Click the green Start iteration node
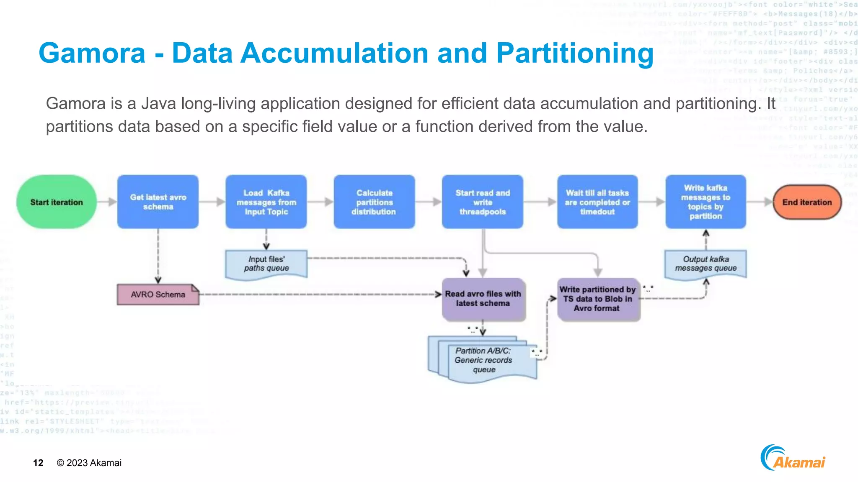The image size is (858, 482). tap(57, 202)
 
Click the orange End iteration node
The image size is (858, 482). tap(807, 202)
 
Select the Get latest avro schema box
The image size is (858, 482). tap(158, 202)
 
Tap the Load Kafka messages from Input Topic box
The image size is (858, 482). tap(266, 202)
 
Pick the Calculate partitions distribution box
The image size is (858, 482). tap(374, 202)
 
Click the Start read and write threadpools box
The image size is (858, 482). tap(483, 202)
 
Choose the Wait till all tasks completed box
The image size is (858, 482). tap(597, 202)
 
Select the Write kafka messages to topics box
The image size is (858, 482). tap(706, 202)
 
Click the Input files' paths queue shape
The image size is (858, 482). tap(266, 264)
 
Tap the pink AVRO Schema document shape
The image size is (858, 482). tap(158, 295)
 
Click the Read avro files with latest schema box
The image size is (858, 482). tap(483, 299)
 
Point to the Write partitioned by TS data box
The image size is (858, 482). tap(598, 299)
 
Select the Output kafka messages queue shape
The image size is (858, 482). tap(706, 264)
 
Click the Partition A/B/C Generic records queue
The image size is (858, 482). tap(484, 360)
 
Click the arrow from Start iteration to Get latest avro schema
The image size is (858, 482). tap(107, 202)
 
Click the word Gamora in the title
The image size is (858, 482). tap(92, 53)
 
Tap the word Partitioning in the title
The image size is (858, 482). tap(574, 53)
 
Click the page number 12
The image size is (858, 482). tap(38, 463)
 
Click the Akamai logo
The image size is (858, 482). tap(793, 459)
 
